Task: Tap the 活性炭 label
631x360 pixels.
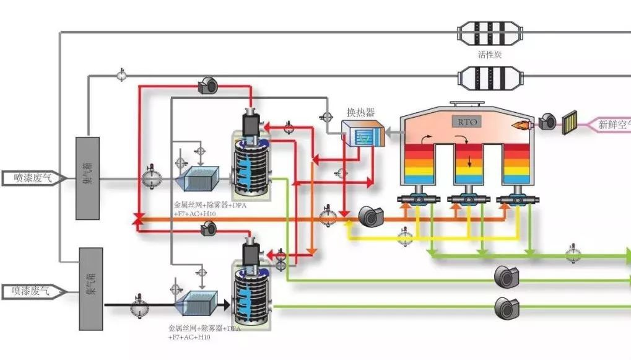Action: [489, 55]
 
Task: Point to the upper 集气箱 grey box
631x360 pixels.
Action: [87, 178]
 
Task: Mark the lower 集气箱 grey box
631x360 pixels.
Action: [90, 289]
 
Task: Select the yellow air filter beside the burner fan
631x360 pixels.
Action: [570, 123]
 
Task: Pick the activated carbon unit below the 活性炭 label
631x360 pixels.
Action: [489, 77]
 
